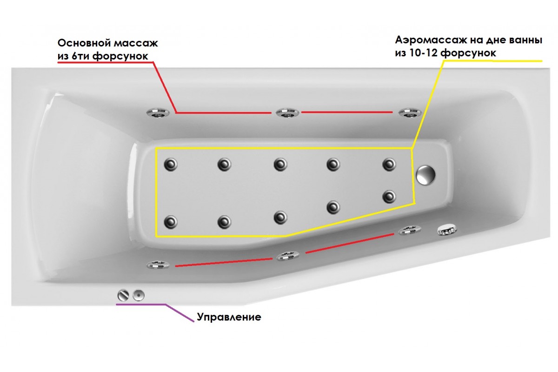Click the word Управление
[229, 317]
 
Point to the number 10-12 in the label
[425, 53]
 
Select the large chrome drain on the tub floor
[426, 175]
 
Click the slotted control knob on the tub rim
[123, 295]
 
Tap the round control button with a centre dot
[139, 295]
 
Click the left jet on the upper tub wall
[158, 113]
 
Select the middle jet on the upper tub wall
[287, 113]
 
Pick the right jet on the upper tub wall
[410, 113]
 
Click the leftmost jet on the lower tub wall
[158, 265]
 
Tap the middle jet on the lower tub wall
[288, 256]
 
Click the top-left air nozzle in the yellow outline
[171, 165]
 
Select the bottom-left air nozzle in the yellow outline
[171, 222]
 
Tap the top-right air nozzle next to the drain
[389, 165]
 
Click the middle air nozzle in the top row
[280, 165]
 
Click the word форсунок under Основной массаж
[120, 56]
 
